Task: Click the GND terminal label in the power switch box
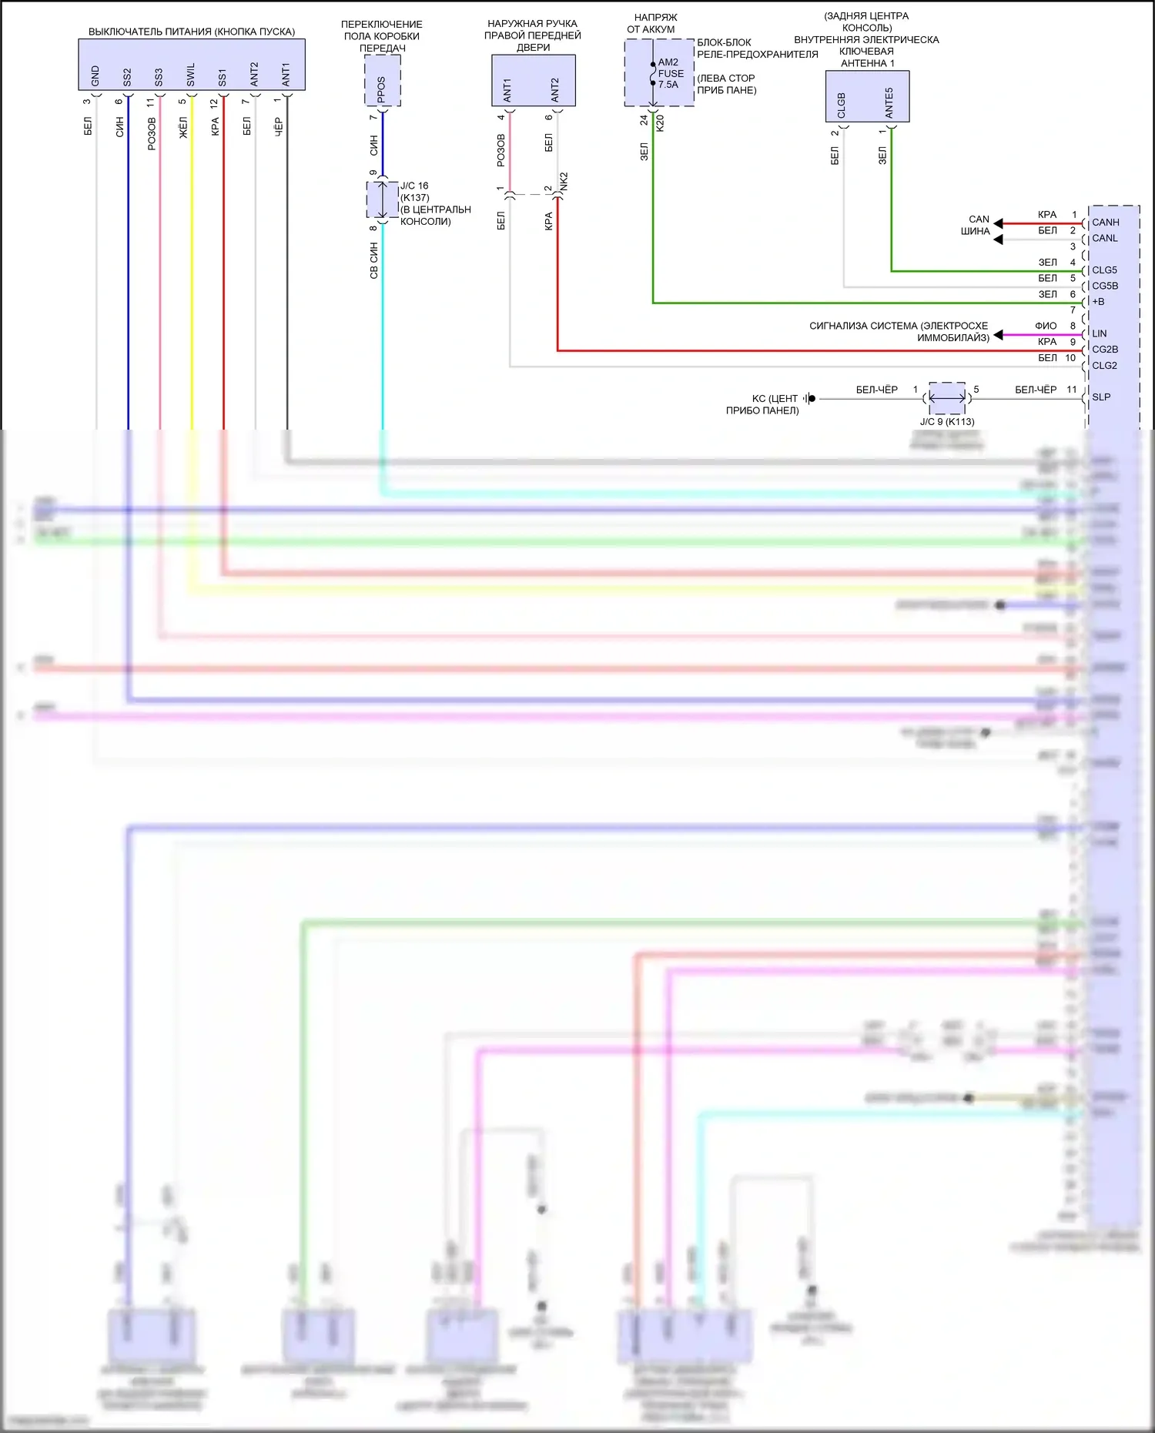(95, 75)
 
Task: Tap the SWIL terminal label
(191, 75)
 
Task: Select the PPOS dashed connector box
(382, 81)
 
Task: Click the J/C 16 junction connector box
(383, 200)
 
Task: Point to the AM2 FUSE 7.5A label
(670, 73)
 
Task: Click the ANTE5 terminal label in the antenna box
(889, 102)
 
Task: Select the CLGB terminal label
(842, 105)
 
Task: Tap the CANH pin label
(1105, 223)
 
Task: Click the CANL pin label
(1104, 239)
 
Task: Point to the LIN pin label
(1099, 333)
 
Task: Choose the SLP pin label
(1101, 397)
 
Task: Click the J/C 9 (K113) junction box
(947, 398)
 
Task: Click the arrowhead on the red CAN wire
(998, 224)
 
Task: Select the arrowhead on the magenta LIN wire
(998, 335)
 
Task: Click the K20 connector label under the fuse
(660, 122)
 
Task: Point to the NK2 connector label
(564, 182)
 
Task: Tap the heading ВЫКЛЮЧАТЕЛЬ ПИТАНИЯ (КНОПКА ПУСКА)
(192, 32)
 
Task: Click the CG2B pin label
(1105, 350)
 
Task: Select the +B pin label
(1098, 302)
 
